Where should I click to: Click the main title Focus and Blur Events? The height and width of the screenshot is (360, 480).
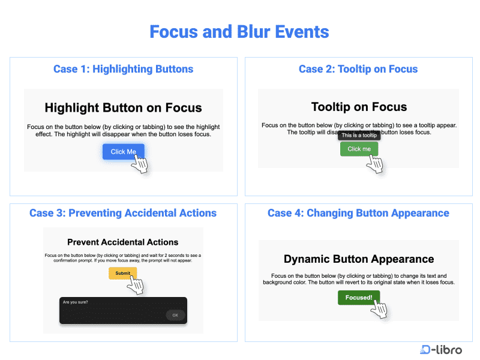(x=239, y=31)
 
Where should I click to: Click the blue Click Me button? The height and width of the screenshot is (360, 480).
(x=123, y=152)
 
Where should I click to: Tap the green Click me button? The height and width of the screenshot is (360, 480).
(x=359, y=149)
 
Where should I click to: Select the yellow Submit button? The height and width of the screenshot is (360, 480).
(x=122, y=273)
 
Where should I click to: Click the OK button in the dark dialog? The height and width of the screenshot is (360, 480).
(x=175, y=315)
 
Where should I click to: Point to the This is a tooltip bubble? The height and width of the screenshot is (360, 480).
(x=359, y=136)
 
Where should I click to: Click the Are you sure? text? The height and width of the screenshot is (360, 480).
(x=75, y=302)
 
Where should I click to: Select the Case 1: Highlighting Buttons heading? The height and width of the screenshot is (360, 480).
(x=123, y=69)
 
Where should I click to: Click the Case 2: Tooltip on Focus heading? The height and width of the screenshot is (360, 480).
(x=358, y=69)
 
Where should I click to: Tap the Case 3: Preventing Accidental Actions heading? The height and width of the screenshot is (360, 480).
(x=123, y=213)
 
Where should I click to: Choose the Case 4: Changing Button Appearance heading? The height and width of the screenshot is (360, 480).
(x=358, y=213)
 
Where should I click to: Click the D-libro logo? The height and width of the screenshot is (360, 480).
(x=441, y=349)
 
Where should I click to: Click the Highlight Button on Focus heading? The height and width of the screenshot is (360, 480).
(x=123, y=108)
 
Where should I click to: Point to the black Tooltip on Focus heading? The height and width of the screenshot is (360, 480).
(x=359, y=107)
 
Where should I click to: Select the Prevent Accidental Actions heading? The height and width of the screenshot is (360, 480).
(x=122, y=242)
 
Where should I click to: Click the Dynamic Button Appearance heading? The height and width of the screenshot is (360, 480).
(x=359, y=259)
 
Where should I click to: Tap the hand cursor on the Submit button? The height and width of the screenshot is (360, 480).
(x=136, y=285)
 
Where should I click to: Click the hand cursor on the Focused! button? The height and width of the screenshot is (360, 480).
(x=379, y=310)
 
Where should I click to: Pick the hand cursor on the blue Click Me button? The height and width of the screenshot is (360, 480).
(x=140, y=164)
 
